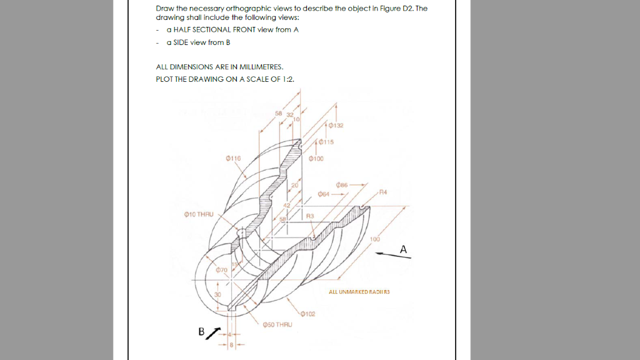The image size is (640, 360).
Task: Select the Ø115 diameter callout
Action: (x=326, y=142)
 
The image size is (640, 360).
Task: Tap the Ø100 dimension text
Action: (x=317, y=159)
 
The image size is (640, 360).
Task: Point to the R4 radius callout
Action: (x=383, y=191)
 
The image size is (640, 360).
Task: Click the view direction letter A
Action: (x=404, y=249)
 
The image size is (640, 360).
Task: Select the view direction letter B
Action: (x=202, y=332)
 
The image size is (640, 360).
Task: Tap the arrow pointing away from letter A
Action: (x=387, y=253)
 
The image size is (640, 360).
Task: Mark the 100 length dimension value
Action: (x=374, y=239)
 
